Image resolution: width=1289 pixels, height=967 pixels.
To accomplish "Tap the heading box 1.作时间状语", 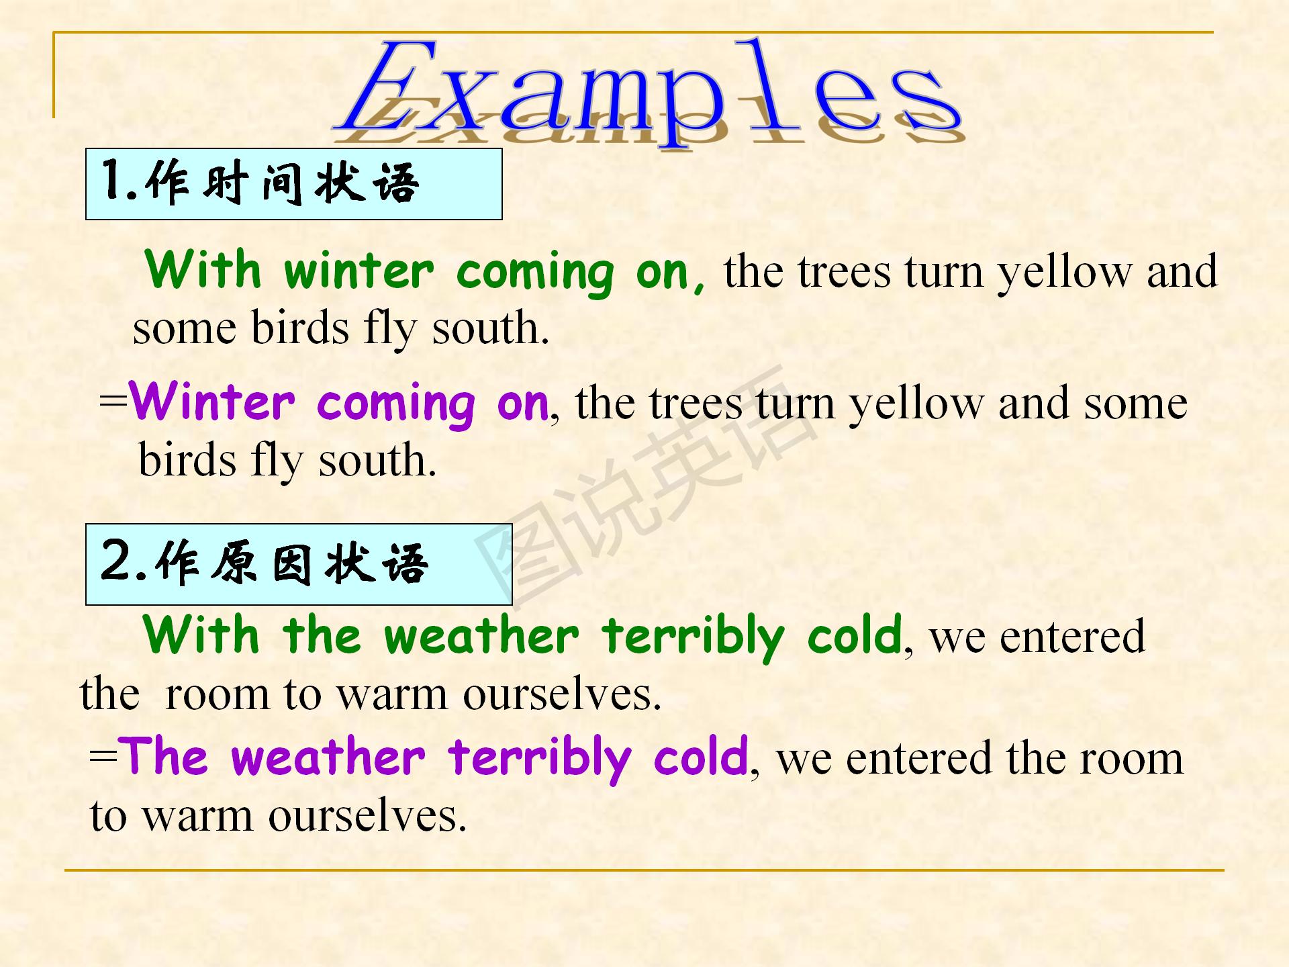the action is [x=294, y=184].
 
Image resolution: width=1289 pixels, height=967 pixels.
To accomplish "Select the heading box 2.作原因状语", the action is [x=299, y=564].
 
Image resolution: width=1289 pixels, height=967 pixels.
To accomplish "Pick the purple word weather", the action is [x=328, y=757].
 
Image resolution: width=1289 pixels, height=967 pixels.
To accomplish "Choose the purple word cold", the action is [x=701, y=756].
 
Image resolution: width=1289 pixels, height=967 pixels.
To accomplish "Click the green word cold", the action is [x=855, y=635].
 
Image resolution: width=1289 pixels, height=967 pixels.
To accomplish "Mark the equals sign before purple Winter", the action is [x=113, y=402].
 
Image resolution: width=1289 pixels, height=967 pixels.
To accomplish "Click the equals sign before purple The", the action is [x=103, y=756].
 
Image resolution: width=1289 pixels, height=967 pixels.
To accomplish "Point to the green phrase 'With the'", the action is [x=252, y=635].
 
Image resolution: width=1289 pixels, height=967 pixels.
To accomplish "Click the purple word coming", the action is [x=396, y=406].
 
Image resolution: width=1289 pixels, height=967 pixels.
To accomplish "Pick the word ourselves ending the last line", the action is [x=367, y=816].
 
